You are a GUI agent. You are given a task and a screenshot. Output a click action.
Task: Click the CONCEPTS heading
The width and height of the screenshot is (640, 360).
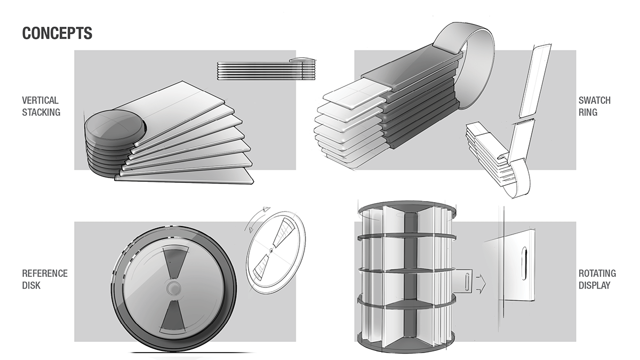point(57,33)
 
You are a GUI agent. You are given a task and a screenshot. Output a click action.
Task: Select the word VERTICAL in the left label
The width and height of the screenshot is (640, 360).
point(40,100)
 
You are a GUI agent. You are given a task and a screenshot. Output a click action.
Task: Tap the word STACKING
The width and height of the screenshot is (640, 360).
point(41,112)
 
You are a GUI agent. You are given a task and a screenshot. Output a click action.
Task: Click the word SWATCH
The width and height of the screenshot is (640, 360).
point(595,100)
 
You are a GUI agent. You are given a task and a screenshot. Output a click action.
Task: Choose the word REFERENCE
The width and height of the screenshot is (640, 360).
point(45,273)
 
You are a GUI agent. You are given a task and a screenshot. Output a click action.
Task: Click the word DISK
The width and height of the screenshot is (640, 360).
point(31,285)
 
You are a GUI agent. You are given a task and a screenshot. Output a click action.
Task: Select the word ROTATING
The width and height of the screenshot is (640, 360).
point(597,273)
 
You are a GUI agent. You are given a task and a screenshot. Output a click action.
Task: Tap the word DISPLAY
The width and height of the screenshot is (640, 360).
point(595,285)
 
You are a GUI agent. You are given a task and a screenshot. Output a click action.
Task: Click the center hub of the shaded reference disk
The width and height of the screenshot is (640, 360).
point(173,289)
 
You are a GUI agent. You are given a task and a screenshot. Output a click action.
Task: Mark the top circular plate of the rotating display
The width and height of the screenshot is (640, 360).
point(406,207)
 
